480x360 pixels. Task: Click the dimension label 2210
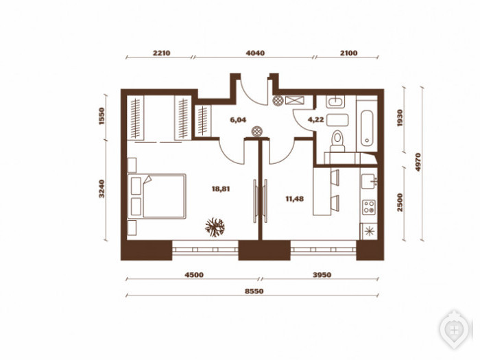point(161,53)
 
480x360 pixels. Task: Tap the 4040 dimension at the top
point(255,53)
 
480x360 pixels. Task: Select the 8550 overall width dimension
point(254,291)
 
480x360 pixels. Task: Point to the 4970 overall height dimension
point(418,162)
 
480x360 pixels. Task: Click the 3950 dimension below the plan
point(322,275)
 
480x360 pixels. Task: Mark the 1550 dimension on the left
point(101,117)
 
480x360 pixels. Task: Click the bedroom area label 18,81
point(221,189)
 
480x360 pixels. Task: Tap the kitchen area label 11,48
point(294,199)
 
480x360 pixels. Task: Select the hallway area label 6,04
point(238,120)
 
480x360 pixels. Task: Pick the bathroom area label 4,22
point(315,120)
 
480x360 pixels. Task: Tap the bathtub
point(367,128)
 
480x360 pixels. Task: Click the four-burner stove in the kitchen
point(369,207)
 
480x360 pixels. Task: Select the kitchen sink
point(369,182)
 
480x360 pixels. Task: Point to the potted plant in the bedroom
point(215,228)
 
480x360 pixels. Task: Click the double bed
point(157,196)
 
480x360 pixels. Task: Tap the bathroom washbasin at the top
point(335,101)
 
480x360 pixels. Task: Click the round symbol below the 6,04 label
point(257,132)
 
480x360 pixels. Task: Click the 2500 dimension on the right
point(400,202)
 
